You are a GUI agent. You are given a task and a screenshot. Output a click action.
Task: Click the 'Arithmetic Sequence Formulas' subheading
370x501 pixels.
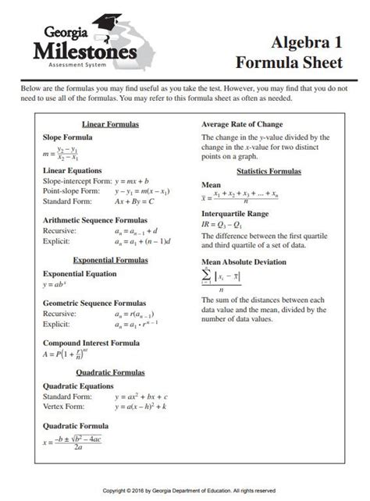coord(94,220)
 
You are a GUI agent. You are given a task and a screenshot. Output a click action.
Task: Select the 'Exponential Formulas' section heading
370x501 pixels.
coord(110,259)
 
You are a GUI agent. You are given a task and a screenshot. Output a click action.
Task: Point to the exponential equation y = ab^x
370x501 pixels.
coord(55,285)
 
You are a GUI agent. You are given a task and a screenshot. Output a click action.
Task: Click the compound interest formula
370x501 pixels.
coord(65,354)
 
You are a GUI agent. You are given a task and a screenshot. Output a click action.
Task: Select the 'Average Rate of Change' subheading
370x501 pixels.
coord(242,125)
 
